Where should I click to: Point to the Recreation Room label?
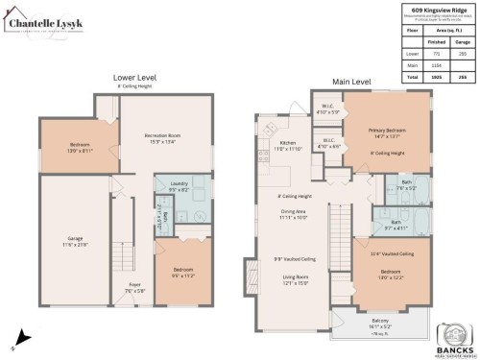[x=163, y=136]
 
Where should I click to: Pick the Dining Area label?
[x=293, y=215]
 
